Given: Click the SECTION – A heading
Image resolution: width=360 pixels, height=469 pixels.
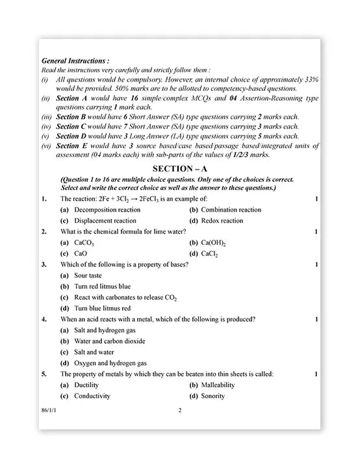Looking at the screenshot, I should tap(179, 168).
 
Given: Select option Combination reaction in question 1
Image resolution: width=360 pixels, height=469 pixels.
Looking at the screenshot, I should tap(231, 210).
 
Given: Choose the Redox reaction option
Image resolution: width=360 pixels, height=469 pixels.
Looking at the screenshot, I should tap(222, 221).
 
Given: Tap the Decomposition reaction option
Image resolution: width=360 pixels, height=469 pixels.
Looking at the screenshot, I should tap(107, 210).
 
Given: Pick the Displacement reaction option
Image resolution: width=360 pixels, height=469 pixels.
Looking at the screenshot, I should tap(105, 221).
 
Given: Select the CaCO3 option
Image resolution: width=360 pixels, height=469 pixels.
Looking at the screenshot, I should tap(84, 243).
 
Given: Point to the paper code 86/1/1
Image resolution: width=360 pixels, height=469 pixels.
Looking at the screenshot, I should tap(47, 410).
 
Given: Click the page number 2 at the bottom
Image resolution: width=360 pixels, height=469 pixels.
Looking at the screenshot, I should tap(180, 410).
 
